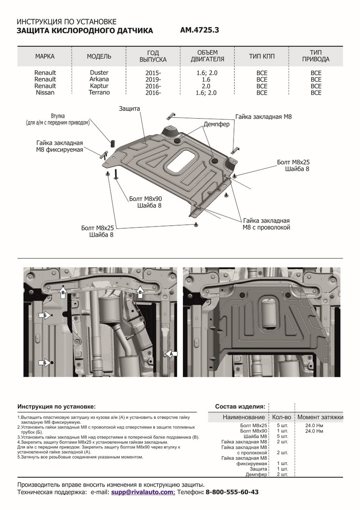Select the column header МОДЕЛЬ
tap(99, 57)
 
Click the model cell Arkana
tap(99, 79)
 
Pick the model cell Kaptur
tap(99, 86)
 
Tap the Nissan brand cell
tap(45, 92)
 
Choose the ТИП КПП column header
tap(262, 57)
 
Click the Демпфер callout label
tap(216, 125)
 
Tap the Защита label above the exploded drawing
tap(130, 109)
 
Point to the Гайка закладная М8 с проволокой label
tap(266, 224)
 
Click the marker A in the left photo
tap(171, 353)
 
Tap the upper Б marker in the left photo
tap(44, 315)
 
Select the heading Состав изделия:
tap(240, 406)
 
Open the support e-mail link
tap(143, 492)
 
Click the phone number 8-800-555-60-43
tap(231, 492)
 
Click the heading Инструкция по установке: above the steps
tap(56, 406)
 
